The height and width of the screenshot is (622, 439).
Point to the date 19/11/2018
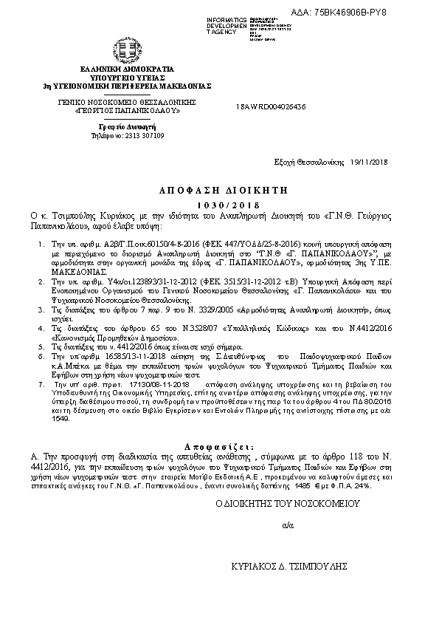368,162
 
